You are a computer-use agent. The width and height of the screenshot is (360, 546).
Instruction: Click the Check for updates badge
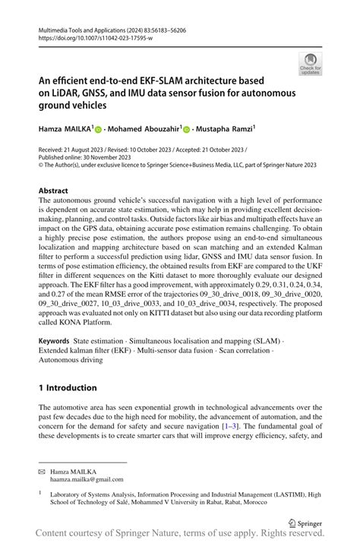coord(310,64)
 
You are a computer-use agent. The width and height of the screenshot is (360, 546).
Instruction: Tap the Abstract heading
coord(56,191)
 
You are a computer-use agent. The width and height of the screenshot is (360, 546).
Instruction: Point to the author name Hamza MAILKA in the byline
coord(65,130)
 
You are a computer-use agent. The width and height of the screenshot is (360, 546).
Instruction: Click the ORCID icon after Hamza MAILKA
coord(98,131)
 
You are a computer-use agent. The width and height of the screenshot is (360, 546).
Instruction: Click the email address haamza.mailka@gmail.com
coord(87,479)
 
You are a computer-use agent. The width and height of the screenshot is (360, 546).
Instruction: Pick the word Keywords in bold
coord(58,342)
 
